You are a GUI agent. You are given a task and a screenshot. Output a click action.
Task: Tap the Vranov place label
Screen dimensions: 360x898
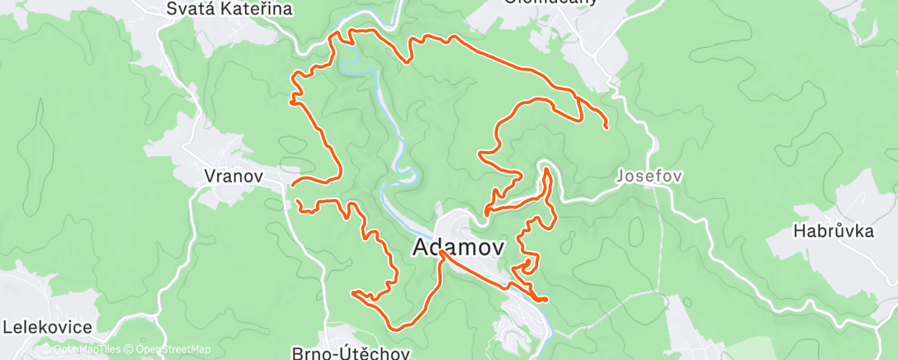(234, 176)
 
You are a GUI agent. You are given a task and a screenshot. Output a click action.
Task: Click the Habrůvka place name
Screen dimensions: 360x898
(834, 231)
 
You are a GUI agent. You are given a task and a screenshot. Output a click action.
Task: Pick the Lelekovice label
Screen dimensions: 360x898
(47, 327)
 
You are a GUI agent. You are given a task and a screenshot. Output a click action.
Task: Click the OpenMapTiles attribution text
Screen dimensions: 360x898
(81, 349)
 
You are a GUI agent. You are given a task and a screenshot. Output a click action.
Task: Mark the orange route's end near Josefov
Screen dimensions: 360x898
(607, 127)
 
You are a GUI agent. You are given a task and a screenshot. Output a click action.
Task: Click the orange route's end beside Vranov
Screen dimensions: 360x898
(291, 186)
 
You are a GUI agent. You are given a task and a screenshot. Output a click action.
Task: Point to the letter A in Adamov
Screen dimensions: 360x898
(418, 247)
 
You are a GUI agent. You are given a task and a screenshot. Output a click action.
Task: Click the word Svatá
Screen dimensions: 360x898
(185, 10)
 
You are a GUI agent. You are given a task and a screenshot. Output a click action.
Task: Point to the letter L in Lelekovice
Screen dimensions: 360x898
(7, 327)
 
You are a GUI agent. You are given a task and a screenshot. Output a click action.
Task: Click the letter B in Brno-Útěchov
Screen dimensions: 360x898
(298, 353)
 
